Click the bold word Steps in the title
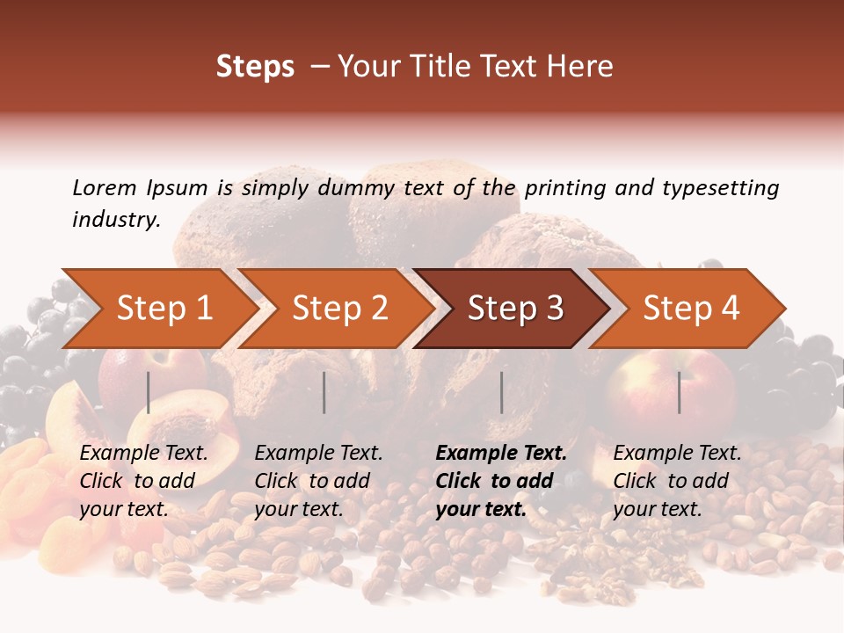point(255,67)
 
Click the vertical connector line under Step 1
point(149,392)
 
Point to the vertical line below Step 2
point(324,392)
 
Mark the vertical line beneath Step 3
point(501,392)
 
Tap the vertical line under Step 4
point(679,392)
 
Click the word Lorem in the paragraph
point(105,188)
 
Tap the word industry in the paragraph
point(116,220)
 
